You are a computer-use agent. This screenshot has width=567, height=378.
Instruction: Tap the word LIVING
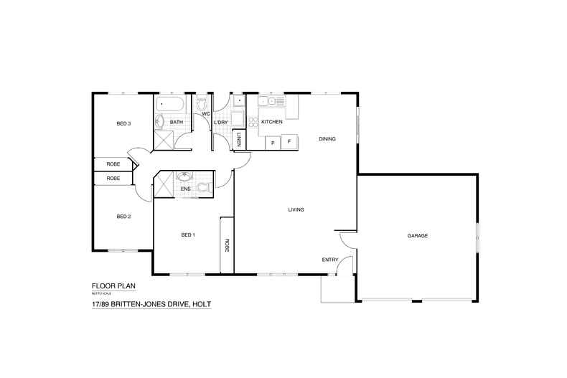(296, 210)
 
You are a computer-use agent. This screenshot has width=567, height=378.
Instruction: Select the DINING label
(327, 139)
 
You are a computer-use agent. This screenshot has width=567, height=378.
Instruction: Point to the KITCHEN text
(271, 123)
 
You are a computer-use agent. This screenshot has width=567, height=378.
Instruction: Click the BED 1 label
(187, 235)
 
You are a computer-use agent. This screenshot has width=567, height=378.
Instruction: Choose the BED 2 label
(123, 217)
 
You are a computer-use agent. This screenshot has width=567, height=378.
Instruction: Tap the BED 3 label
(123, 124)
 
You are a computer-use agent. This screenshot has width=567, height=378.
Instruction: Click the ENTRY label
(330, 260)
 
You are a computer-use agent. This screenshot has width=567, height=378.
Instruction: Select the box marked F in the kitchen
(289, 142)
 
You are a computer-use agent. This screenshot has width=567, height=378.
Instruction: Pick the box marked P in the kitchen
(273, 143)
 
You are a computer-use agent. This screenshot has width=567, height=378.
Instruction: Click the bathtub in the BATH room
(169, 105)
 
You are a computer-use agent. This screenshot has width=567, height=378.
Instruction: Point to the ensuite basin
(185, 176)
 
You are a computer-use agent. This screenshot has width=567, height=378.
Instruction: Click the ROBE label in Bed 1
(227, 245)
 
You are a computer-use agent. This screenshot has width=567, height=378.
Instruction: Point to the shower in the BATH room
(163, 139)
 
